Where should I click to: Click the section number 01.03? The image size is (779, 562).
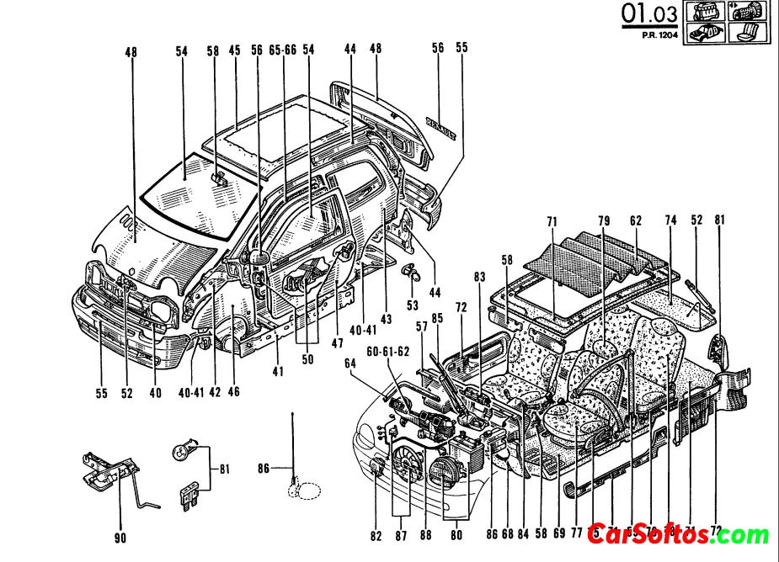648,14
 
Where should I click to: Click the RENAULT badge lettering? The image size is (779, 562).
445,125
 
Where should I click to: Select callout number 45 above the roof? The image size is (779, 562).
235,50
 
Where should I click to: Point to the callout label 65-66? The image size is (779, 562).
282,50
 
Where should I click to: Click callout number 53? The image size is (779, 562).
412,304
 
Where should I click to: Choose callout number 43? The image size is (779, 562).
387,319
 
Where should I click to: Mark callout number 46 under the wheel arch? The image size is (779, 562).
233,391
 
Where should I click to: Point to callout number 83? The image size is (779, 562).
479,276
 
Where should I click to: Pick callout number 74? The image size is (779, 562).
670,220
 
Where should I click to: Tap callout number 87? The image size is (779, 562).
400,536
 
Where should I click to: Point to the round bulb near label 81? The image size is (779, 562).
183,451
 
